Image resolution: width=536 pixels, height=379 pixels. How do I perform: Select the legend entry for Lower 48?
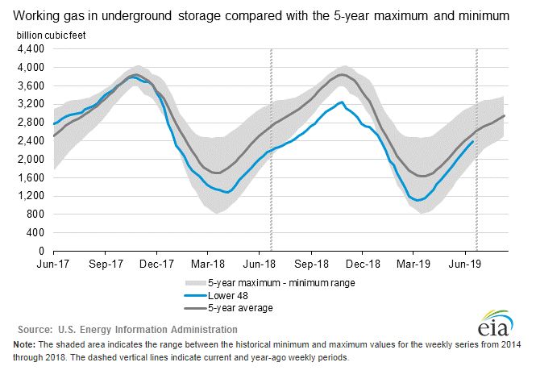click(228, 295)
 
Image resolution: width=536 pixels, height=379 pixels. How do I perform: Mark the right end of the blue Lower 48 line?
click(472, 140)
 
